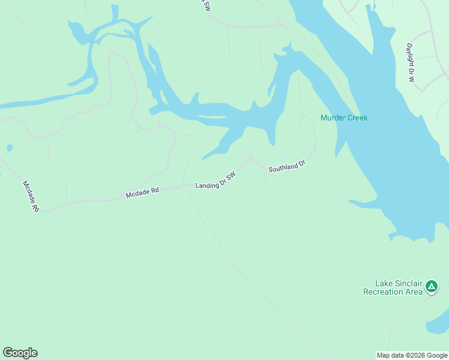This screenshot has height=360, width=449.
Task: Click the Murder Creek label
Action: (x=343, y=118)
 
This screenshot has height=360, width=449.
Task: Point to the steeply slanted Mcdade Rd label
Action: (x=31, y=196)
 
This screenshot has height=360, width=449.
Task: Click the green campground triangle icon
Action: (x=431, y=287)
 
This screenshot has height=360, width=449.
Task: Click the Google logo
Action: (x=20, y=353)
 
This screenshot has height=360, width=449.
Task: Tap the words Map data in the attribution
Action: (x=390, y=355)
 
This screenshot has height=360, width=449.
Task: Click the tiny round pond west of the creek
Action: (x=9, y=148)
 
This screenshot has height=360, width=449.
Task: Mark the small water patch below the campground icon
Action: (x=437, y=325)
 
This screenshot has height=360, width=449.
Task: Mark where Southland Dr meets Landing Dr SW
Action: (x=250, y=158)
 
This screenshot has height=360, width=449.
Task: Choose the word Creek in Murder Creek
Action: (x=356, y=118)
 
